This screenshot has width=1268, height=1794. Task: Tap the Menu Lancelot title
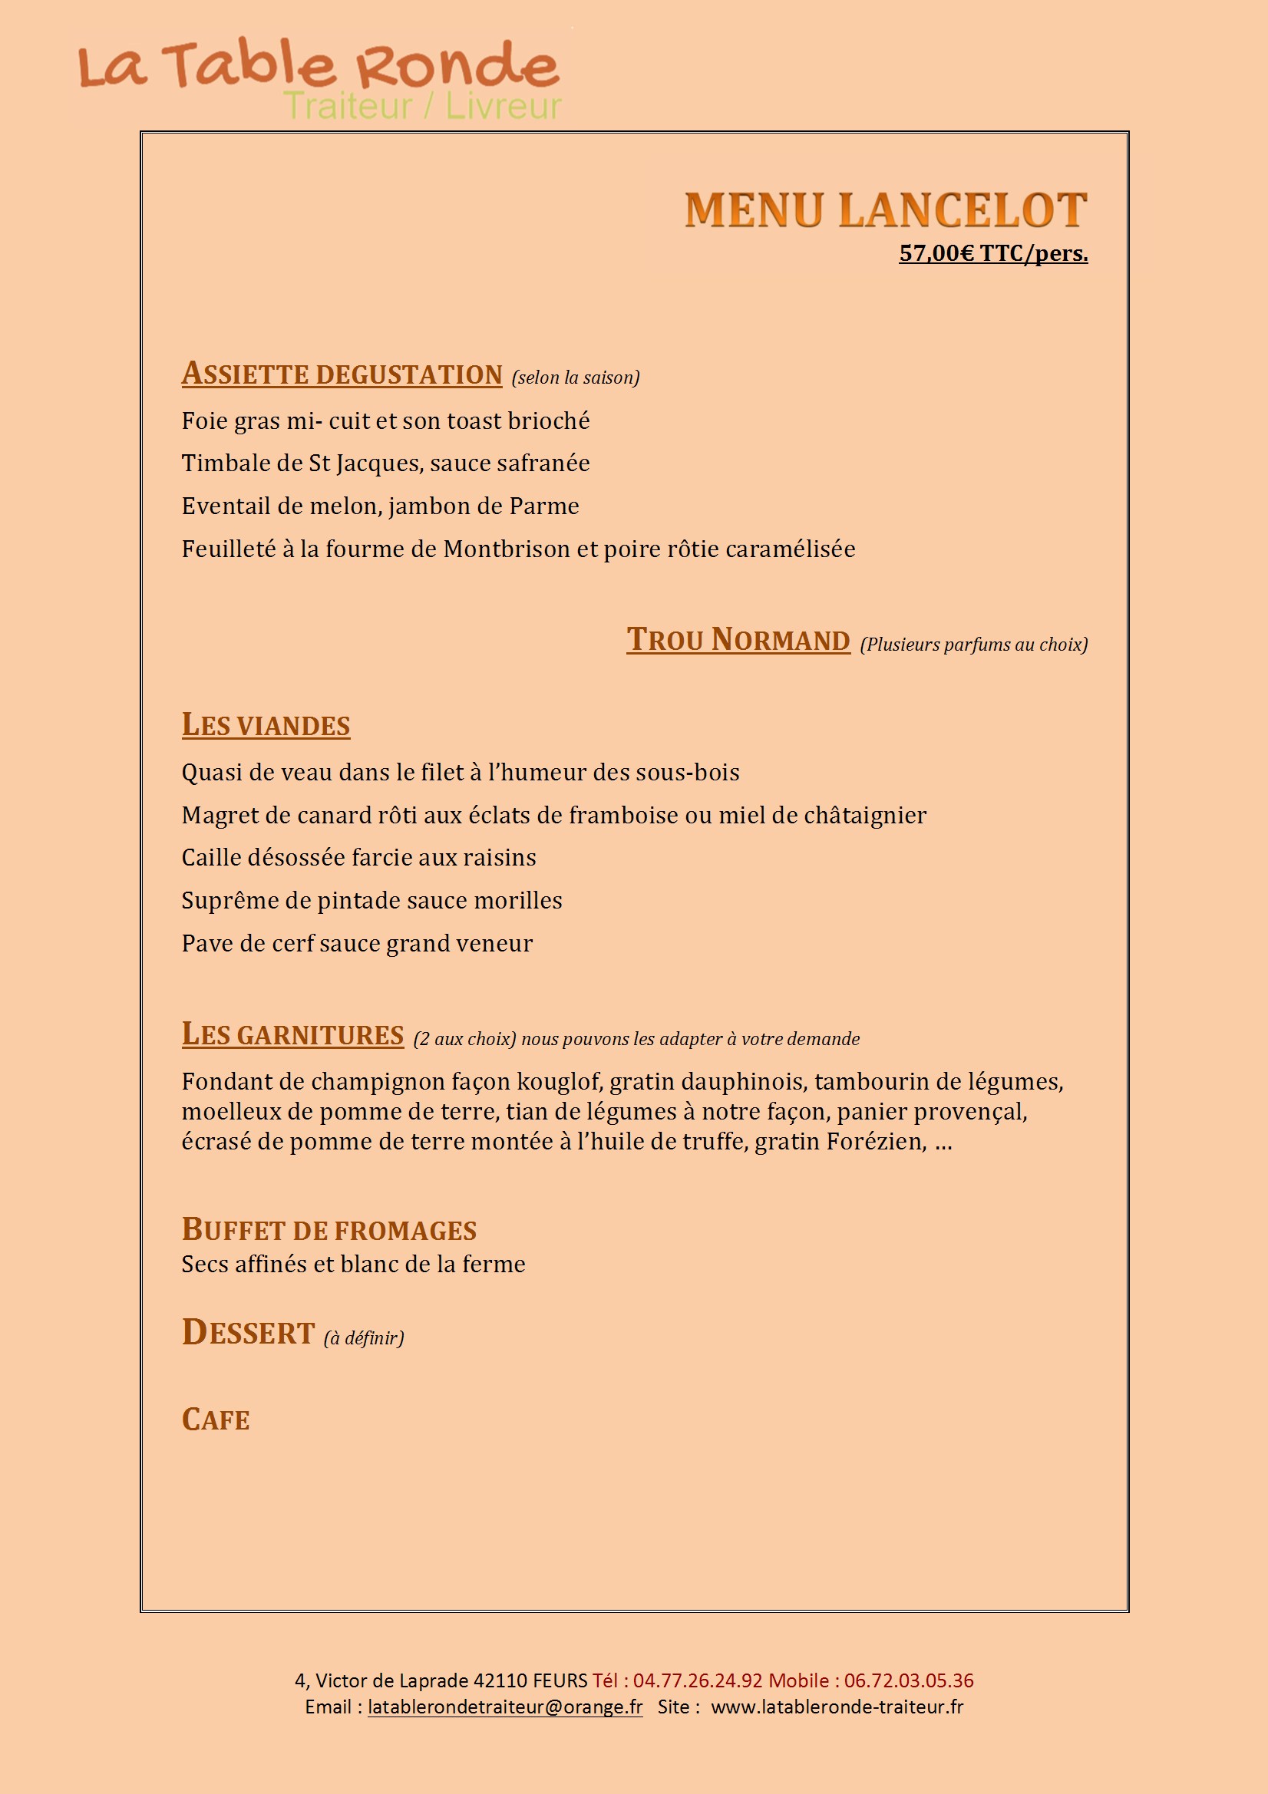[886, 210]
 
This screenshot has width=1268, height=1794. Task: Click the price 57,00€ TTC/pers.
[992, 253]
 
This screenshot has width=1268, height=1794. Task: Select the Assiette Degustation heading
[342, 374]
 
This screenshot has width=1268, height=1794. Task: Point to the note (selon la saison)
[576, 378]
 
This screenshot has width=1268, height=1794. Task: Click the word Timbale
[220, 463]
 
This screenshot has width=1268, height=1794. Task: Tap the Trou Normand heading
[738, 640]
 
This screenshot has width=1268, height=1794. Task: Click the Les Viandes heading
[266, 725]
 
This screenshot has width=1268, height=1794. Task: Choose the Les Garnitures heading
[292, 1034]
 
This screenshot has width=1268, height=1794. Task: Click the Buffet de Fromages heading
[329, 1230]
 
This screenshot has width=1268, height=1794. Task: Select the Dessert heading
[249, 1333]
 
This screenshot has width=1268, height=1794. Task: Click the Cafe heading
[216, 1420]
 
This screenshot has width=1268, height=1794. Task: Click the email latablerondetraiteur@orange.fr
[505, 1707]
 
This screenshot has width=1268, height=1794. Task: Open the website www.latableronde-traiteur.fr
[837, 1707]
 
